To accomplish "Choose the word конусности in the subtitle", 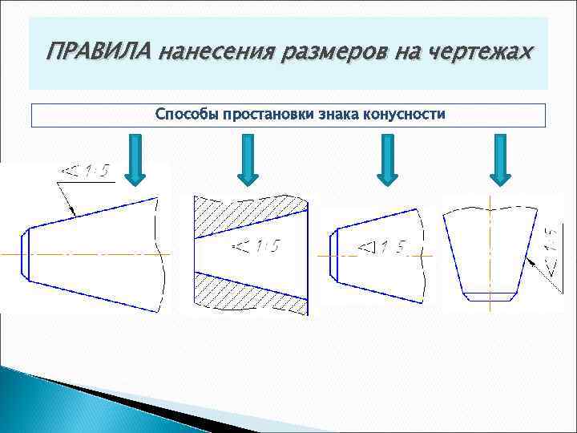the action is (x=404, y=115).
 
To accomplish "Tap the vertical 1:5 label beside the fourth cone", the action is (x=551, y=248).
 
